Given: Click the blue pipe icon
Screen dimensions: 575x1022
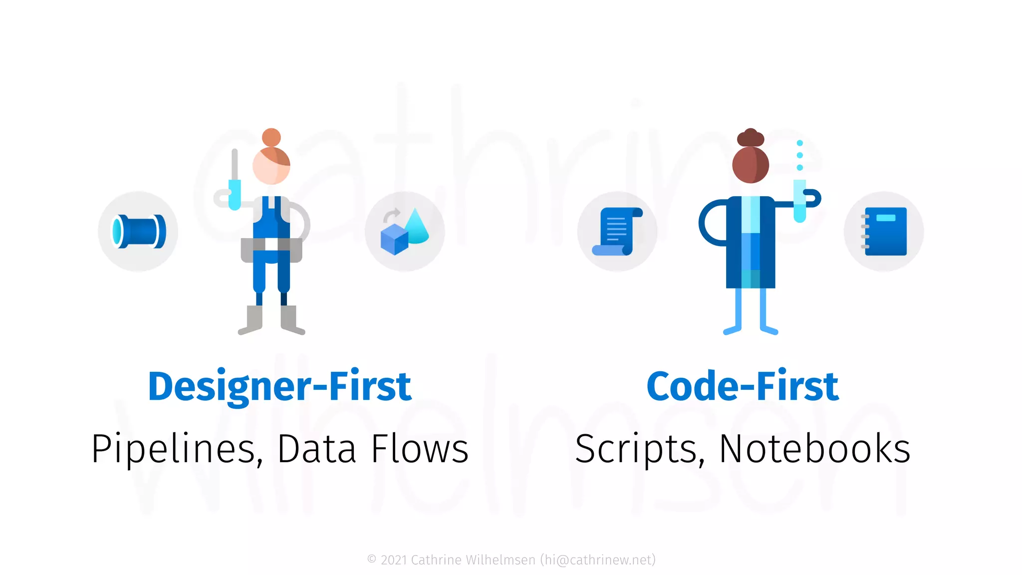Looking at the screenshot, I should point(138,231).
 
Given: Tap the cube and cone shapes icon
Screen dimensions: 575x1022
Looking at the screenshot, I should point(405,232).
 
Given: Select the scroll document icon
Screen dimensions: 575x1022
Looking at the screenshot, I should point(617,232).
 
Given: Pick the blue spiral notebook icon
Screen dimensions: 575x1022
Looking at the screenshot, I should point(884,232).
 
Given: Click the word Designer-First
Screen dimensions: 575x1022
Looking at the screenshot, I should point(279,386).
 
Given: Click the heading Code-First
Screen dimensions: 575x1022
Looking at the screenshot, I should point(743,386).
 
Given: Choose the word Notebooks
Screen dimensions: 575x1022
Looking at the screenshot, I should point(815,449).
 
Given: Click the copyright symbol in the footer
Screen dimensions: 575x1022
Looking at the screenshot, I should point(372,560).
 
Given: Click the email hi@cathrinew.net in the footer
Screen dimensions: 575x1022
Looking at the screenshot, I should point(598,560).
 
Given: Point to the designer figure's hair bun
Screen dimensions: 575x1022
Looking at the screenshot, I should point(271,137).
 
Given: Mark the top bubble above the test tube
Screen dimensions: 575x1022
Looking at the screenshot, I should point(799,143).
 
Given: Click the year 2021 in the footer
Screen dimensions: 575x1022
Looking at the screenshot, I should point(394,560).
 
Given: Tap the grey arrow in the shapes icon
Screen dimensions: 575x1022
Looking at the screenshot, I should point(391,215).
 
